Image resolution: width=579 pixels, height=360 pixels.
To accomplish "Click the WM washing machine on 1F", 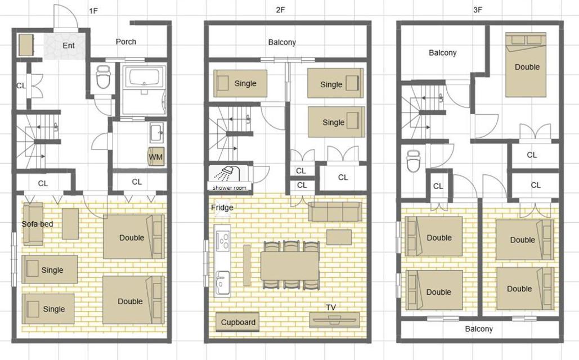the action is coord(155,156).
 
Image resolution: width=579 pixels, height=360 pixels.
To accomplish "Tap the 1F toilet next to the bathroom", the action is coord(103,77).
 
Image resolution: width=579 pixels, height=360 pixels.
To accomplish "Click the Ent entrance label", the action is coord(69,46).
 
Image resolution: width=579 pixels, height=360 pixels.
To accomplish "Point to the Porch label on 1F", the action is coord(126,42).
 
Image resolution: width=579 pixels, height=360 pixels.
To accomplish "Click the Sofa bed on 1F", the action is coord(33,224).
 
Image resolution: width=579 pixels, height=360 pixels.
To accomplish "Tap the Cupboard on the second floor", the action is coord(238,322).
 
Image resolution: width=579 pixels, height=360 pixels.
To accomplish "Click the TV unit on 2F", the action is coord(334,319).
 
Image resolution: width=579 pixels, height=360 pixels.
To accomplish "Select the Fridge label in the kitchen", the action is coord(222,208).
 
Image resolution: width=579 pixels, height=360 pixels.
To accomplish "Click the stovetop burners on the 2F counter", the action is coord(223,240).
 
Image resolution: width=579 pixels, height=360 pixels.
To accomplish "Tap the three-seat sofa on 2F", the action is coord(335,211).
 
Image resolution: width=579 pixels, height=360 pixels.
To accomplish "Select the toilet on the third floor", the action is coord(413,161).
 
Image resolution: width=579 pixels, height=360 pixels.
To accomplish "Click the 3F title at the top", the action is coord(478,10).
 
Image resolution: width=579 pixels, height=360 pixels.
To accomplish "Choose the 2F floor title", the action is coord(280,10).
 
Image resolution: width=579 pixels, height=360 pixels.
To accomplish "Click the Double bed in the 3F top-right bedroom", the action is coord(526,65).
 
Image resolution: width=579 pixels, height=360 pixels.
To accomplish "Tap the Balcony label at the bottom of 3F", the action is coord(478,328).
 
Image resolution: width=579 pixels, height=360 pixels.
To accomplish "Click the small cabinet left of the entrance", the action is coord(26,44).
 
